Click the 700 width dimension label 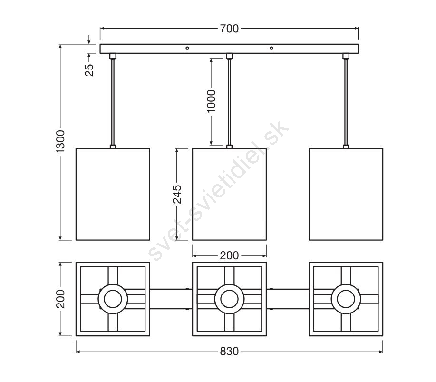coord(229,29)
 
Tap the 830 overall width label coord(229,352)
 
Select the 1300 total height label coord(60,141)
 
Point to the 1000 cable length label coord(211,101)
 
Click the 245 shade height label coord(177,194)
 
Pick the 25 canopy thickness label coord(89,70)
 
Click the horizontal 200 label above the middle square coord(229,255)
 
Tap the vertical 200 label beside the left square coord(60,299)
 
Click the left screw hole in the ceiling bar coord(187,48)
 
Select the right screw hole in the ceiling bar coord(271,48)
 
